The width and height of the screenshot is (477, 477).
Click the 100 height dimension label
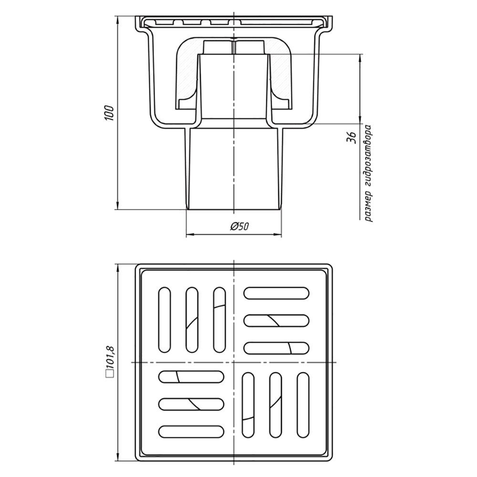tap(109, 113)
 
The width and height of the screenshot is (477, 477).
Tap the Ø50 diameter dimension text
tap(240, 226)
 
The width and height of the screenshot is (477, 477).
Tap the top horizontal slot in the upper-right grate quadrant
tap(277, 293)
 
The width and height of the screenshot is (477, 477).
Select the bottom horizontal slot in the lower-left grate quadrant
tap(191, 432)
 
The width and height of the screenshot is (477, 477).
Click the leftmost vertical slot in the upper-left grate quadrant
tap(165, 320)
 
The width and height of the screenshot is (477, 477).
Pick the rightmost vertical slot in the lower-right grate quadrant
tap(303, 405)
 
